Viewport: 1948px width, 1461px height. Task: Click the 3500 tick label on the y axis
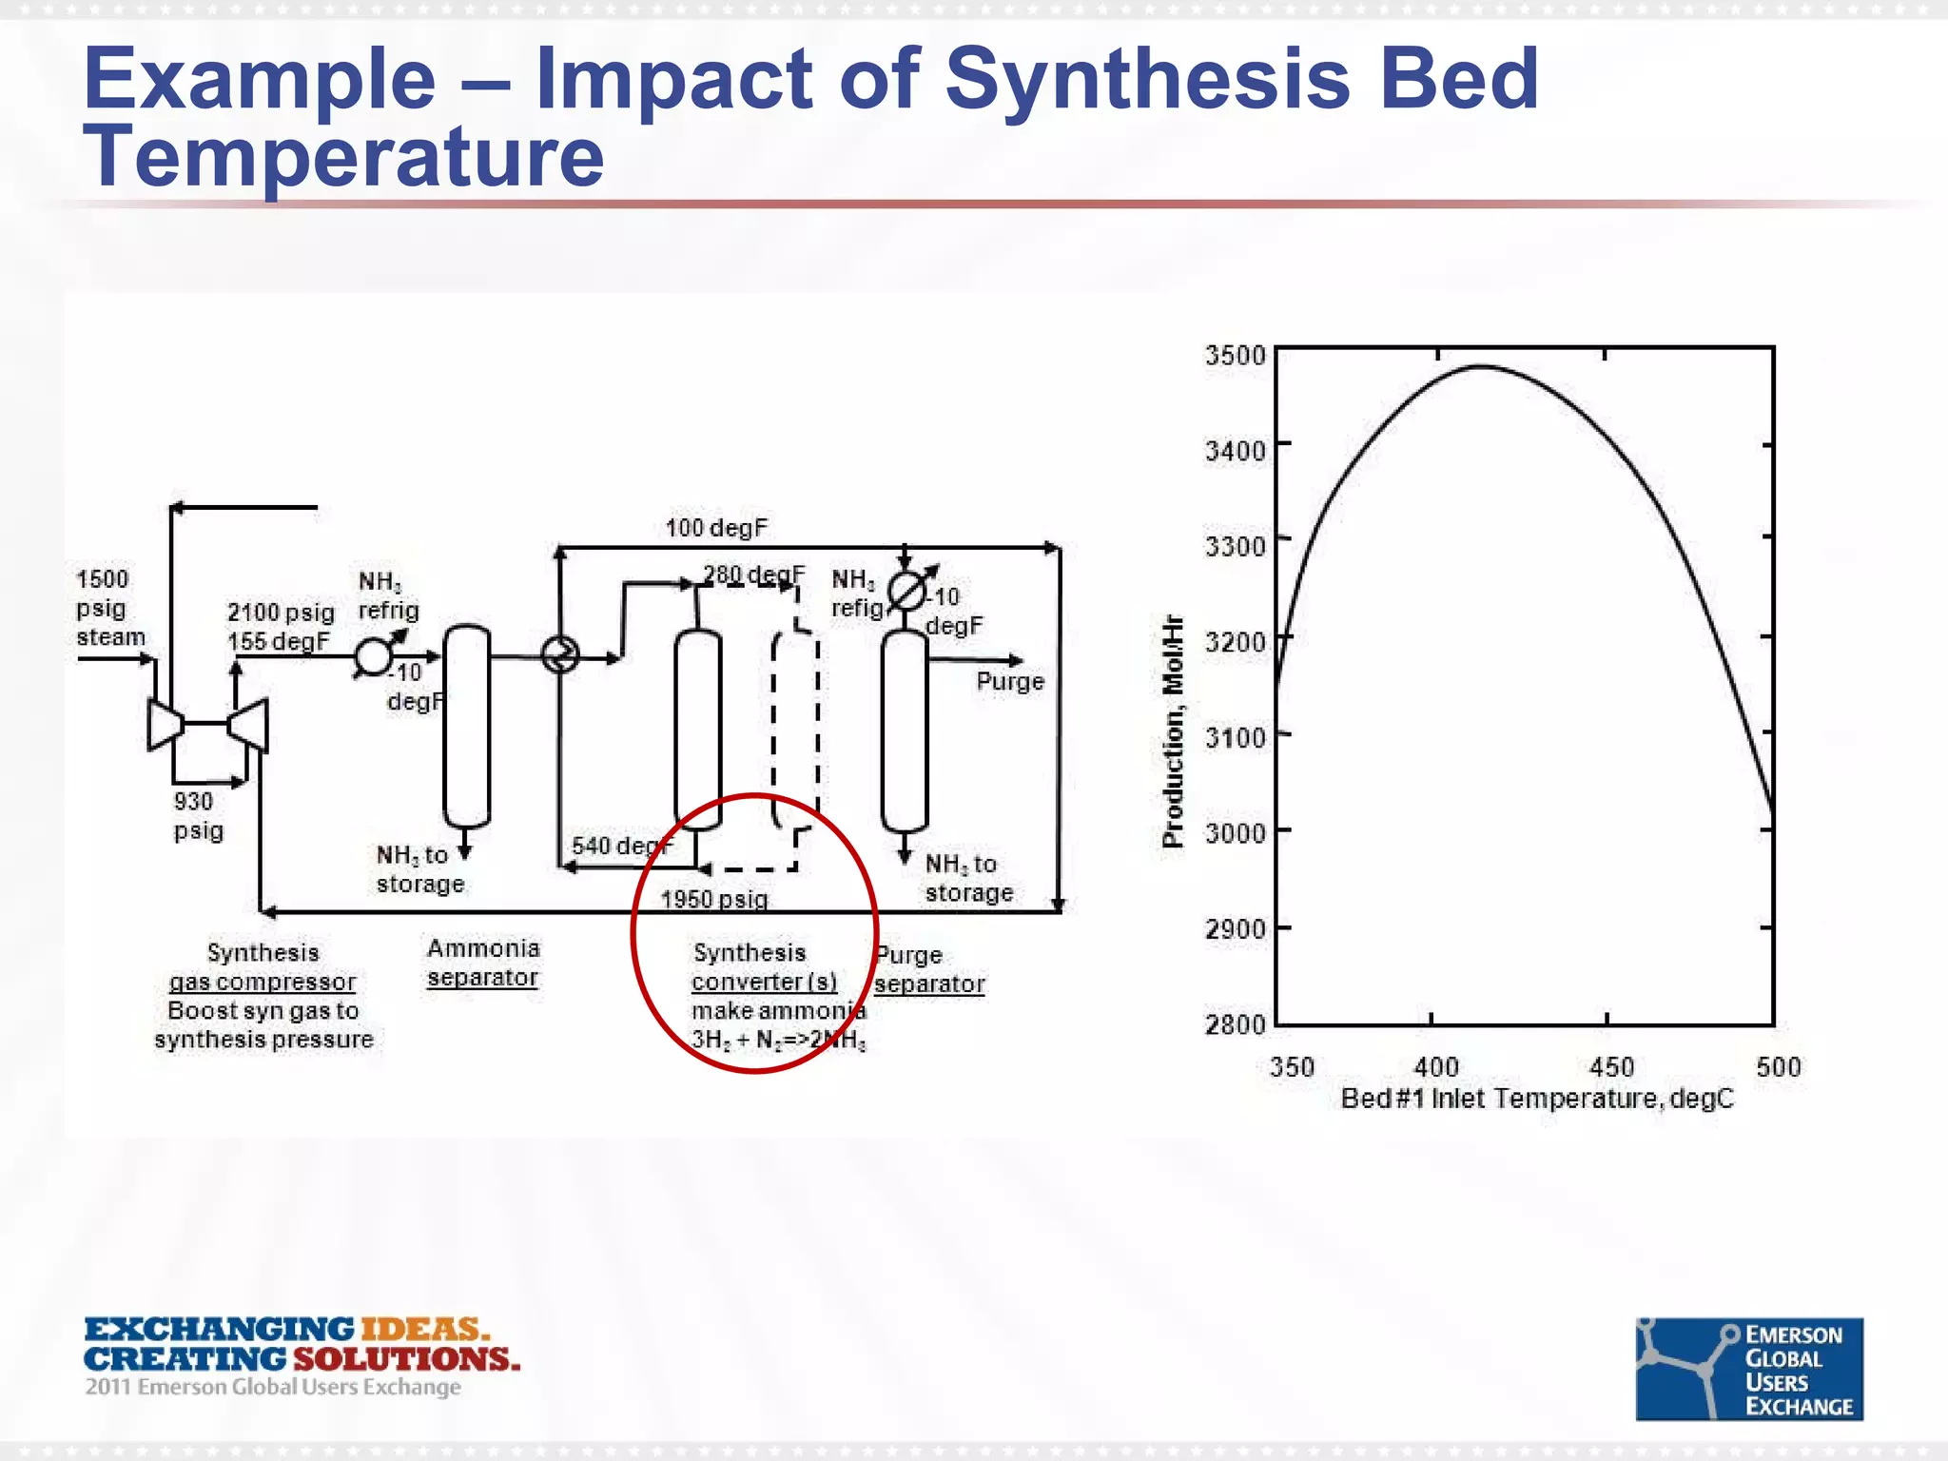tap(1235, 356)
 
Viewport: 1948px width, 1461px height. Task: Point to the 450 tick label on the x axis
tap(1611, 1067)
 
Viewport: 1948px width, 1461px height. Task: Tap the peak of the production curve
tap(1482, 366)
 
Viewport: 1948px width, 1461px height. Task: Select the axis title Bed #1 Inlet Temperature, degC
tap(1537, 1099)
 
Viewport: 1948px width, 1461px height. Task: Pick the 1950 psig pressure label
tap(713, 899)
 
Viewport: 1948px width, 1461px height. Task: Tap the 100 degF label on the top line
tap(715, 528)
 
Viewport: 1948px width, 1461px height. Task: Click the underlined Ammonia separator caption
tap(483, 963)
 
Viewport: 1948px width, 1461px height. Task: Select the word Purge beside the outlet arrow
tap(1009, 682)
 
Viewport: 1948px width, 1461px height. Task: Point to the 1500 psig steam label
tap(109, 608)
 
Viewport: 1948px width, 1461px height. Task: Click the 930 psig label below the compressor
tap(198, 816)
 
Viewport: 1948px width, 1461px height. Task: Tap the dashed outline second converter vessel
tap(795, 732)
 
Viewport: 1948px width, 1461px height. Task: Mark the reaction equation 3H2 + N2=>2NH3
tap(778, 1040)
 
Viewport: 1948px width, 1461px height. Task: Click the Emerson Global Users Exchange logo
tap(1748, 1369)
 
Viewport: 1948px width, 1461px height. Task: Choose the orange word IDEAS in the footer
tap(422, 1329)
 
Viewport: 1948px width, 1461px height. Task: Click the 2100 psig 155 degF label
tap(280, 627)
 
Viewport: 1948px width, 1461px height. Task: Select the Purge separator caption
tap(928, 969)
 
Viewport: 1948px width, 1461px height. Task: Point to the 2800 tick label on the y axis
tap(1235, 1024)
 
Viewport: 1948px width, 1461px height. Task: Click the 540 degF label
tap(620, 846)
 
